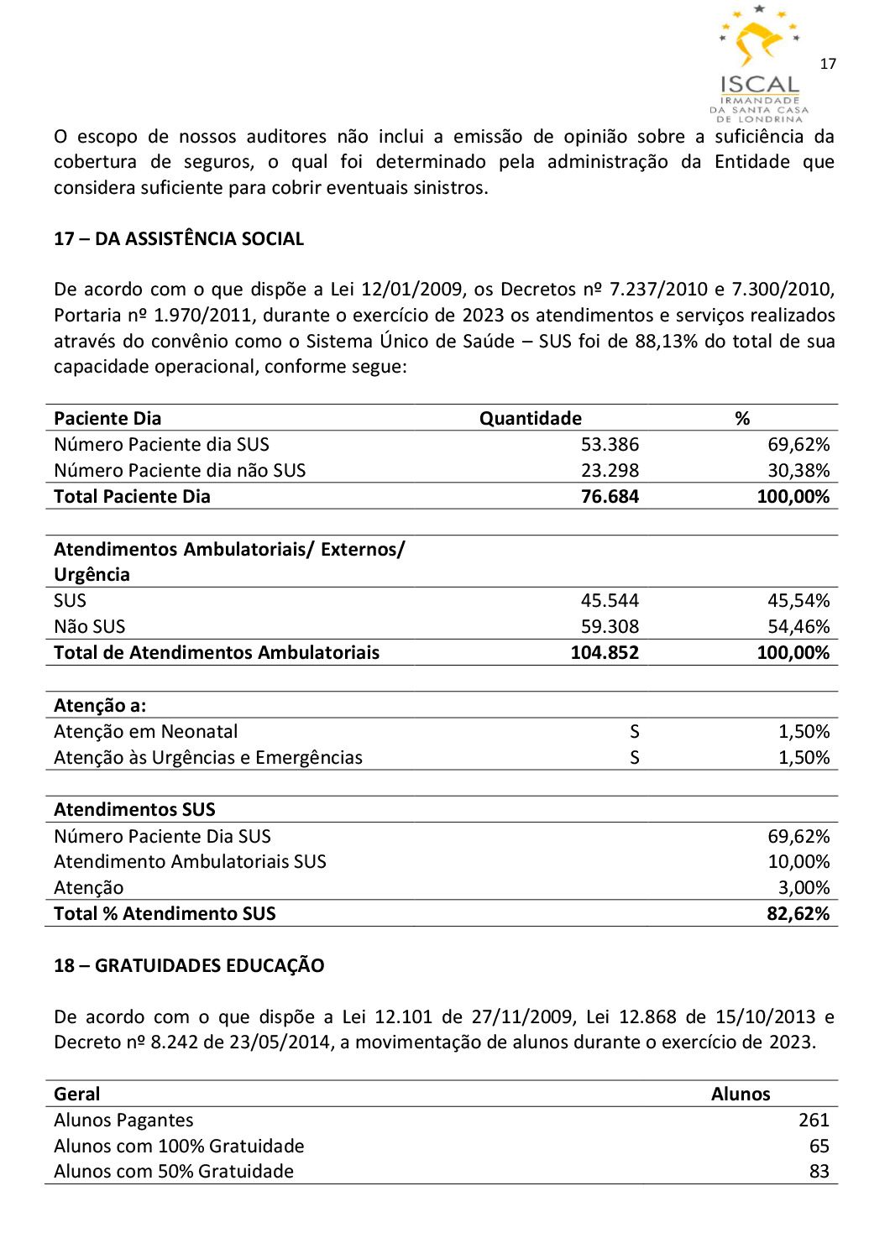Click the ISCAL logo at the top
point(759,63)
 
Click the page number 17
point(828,64)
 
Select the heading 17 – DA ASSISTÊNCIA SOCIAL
point(179,239)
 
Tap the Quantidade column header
point(530,418)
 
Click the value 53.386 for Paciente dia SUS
point(610,444)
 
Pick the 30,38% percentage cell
point(798,470)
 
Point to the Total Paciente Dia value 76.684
point(610,496)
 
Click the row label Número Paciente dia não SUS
point(180,470)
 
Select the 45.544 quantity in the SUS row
point(610,600)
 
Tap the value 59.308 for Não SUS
point(610,626)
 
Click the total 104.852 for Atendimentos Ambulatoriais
point(605,652)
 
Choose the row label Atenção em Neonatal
point(146,731)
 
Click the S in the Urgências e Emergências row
point(635,757)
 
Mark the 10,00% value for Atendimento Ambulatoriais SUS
point(798,861)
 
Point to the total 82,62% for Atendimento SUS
point(798,913)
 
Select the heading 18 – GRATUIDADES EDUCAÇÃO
point(189,965)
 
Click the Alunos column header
point(741,1094)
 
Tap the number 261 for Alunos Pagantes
point(814,1120)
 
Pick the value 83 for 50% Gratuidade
point(819,1171)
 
